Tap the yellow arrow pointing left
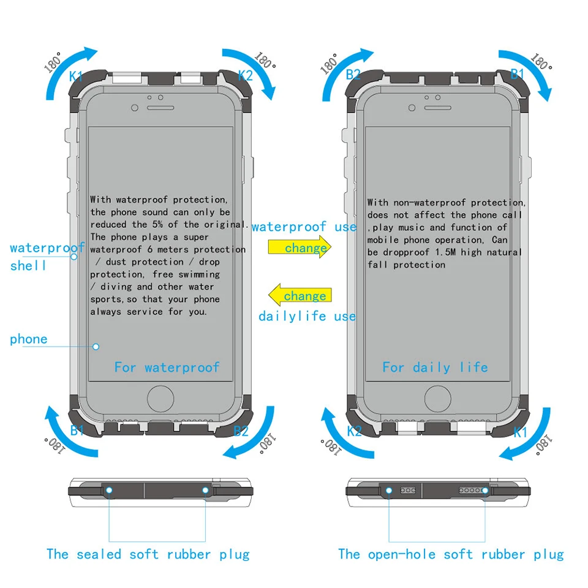(300, 295)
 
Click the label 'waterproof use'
(304, 227)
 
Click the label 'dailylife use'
(307, 316)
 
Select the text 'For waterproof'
(167, 367)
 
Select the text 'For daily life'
(435, 367)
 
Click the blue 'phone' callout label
(28, 339)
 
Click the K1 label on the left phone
(76, 76)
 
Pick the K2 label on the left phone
(246, 75)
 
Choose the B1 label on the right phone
(518, 73)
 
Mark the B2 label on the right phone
(353, 75)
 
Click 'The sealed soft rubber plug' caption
(148, 554)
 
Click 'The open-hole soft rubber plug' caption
(451, 554)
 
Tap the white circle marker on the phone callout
(96, 347)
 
